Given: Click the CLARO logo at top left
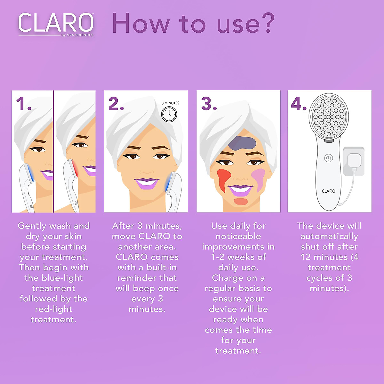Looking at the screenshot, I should tap(56, 23).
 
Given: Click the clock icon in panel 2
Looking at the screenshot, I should tap(169, 114).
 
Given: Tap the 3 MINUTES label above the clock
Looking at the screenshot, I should tap(170, 103).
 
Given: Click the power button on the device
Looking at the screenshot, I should tap(329, 158).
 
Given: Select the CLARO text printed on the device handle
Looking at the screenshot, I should tap(328, 191).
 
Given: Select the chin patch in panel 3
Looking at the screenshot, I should tap(241, 201).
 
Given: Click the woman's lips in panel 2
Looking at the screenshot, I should tap(147, 183).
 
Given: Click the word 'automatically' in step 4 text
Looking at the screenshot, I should tap(329, 236).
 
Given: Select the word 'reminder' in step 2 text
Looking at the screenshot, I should tap(147, 278).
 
